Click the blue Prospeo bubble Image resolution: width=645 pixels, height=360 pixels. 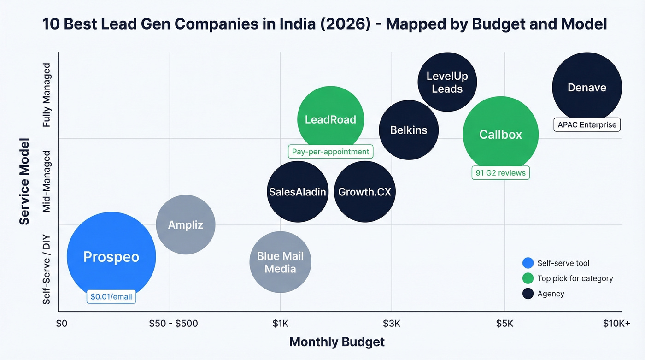111,256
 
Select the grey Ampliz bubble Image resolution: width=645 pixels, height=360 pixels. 186,224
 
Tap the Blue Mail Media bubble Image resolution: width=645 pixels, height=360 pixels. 280,262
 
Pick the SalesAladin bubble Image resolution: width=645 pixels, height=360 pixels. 298,192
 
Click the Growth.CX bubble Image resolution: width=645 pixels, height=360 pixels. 364,192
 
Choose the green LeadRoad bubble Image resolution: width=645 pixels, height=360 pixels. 330,119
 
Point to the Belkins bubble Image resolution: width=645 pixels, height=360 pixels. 409,130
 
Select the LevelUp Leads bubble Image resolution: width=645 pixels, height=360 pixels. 447,82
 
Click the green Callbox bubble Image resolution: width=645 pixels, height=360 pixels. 500,134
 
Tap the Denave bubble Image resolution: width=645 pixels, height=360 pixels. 586,87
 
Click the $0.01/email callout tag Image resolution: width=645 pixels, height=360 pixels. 111,296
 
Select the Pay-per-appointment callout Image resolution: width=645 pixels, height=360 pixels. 330,152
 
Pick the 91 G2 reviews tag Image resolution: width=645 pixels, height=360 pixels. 500,173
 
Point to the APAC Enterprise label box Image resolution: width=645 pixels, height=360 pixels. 586,124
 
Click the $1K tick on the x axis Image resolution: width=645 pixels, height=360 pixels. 280,323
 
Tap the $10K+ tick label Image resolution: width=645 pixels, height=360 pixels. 616,323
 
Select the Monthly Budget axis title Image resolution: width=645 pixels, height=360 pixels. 336,342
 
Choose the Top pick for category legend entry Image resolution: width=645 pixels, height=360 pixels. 575,278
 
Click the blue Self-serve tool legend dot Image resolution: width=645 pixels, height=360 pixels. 528,263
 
